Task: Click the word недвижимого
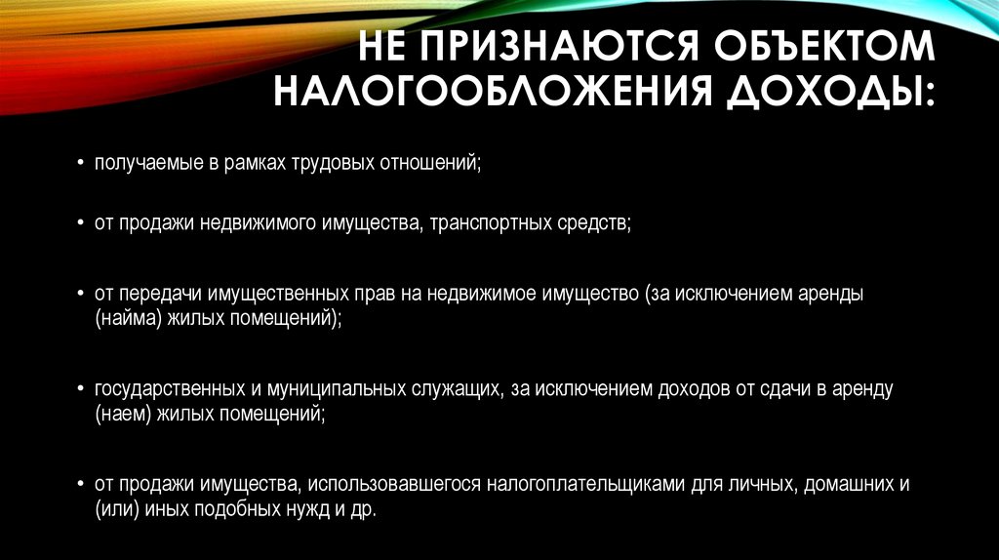(x=257, y=223)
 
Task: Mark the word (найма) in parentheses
(x=122, y=318)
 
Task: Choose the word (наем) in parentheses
(x=120, y=414)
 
